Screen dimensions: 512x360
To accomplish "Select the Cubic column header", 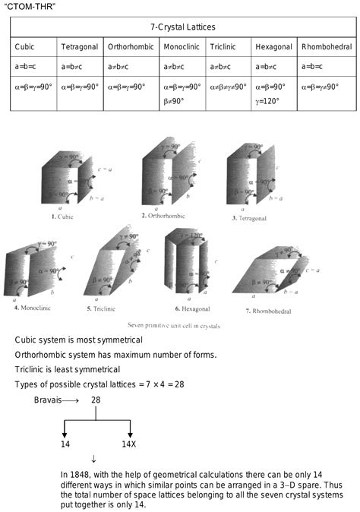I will [x=24, y=47].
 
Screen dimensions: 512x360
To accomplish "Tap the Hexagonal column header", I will [x=273, y=47].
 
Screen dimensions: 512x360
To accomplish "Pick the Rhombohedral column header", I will [x=327, y=47].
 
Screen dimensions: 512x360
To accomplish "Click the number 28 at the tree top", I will [x=96, y=399].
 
